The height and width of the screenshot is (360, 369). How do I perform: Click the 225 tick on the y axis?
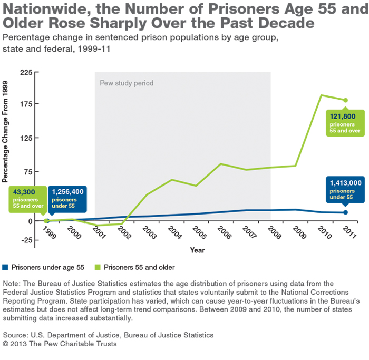click(x=25, y=72)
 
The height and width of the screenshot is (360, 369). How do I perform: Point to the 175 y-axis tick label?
click(x=25, y=104)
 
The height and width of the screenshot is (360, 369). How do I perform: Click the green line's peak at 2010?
click(x=321, y=95)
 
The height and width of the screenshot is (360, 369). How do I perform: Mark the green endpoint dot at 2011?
click(x=346, y=100)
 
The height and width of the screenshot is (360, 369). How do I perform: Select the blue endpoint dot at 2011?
click(x=346, y=212)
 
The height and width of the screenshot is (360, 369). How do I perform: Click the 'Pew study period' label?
click(x=127, y=83)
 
